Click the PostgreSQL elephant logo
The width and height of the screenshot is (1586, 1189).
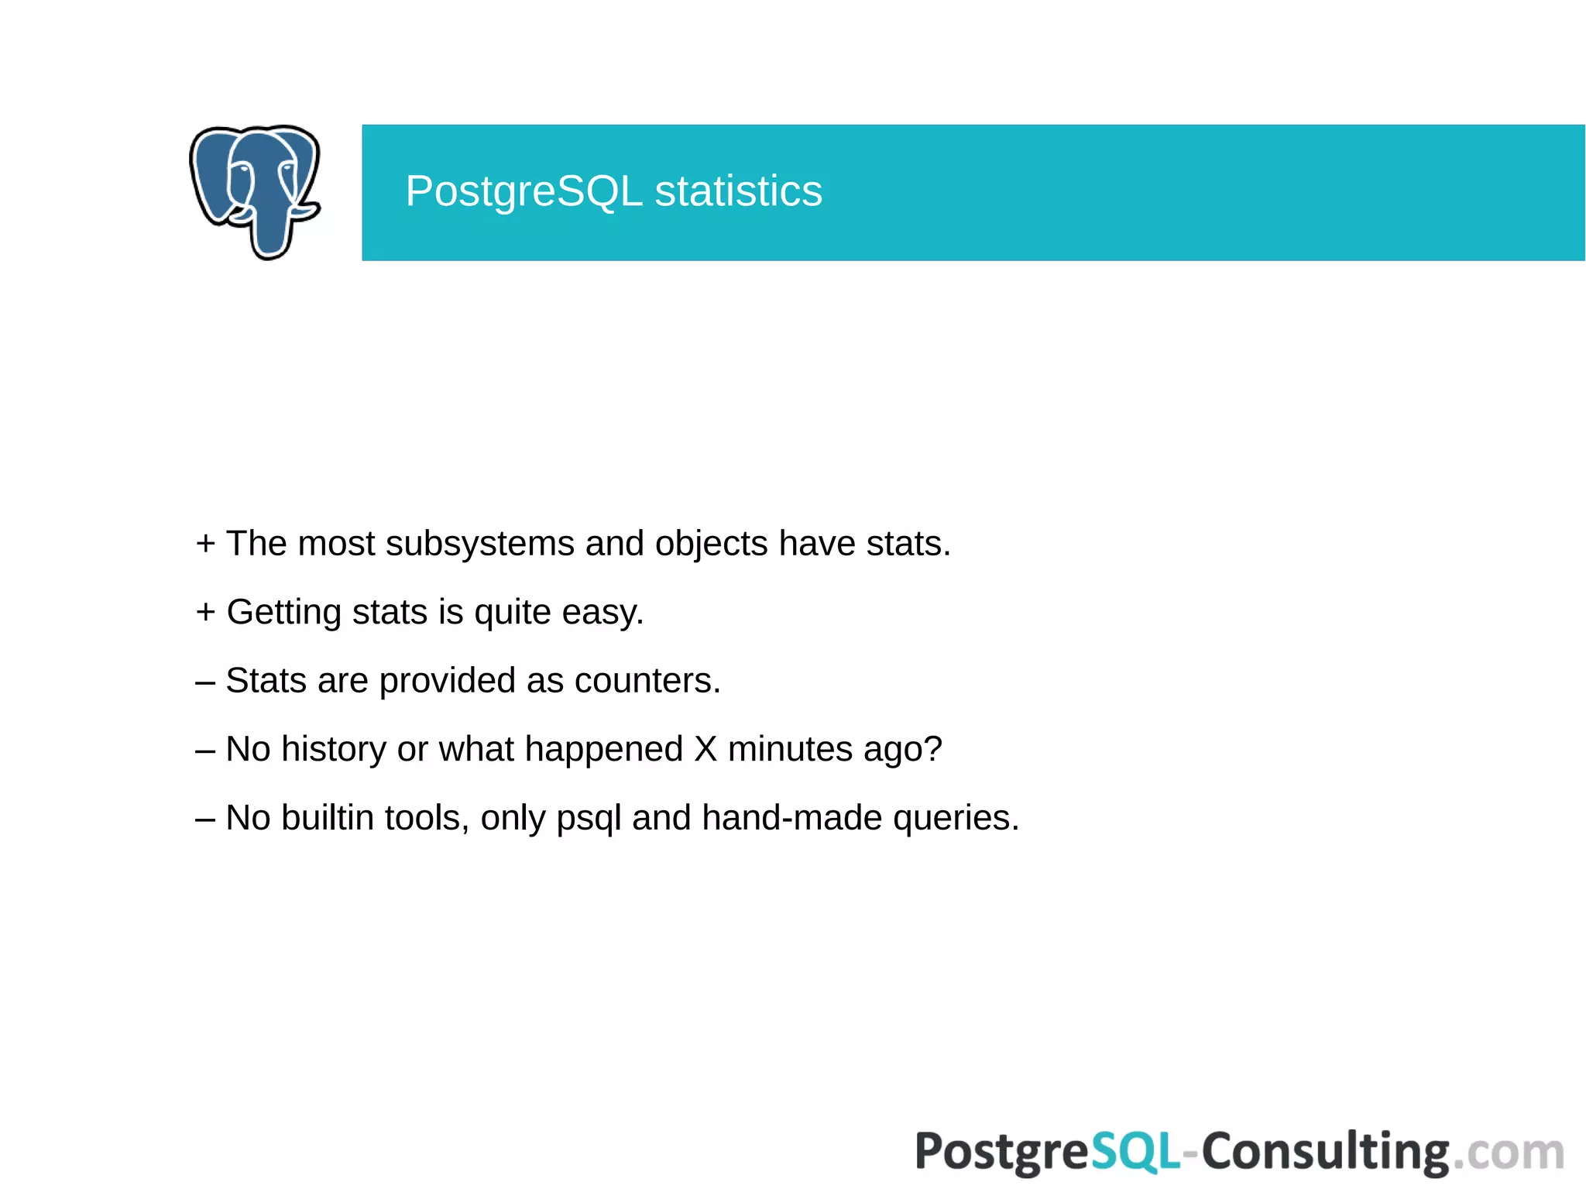(x=255, y=191)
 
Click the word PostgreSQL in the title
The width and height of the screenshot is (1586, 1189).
(x=524, y=191)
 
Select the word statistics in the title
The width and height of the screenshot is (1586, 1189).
(x=738, y=191)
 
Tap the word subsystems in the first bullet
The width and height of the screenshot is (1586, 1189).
(x=479, y=543)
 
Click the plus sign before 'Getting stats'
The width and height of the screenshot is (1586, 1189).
(x=205, y=612)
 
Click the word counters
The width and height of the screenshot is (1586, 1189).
(x=647, y=681)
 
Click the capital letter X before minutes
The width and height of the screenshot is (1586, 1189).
(x=705, y=749)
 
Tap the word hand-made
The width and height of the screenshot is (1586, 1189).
(x=791, y=818)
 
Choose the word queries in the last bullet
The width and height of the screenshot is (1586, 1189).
(x=956, y=819)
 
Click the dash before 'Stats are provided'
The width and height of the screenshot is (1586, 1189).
(x=204, y=682)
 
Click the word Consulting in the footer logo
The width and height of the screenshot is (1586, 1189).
(x=1325, y=1152)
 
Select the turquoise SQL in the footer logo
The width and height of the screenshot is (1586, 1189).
(x=1135, y=1152)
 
